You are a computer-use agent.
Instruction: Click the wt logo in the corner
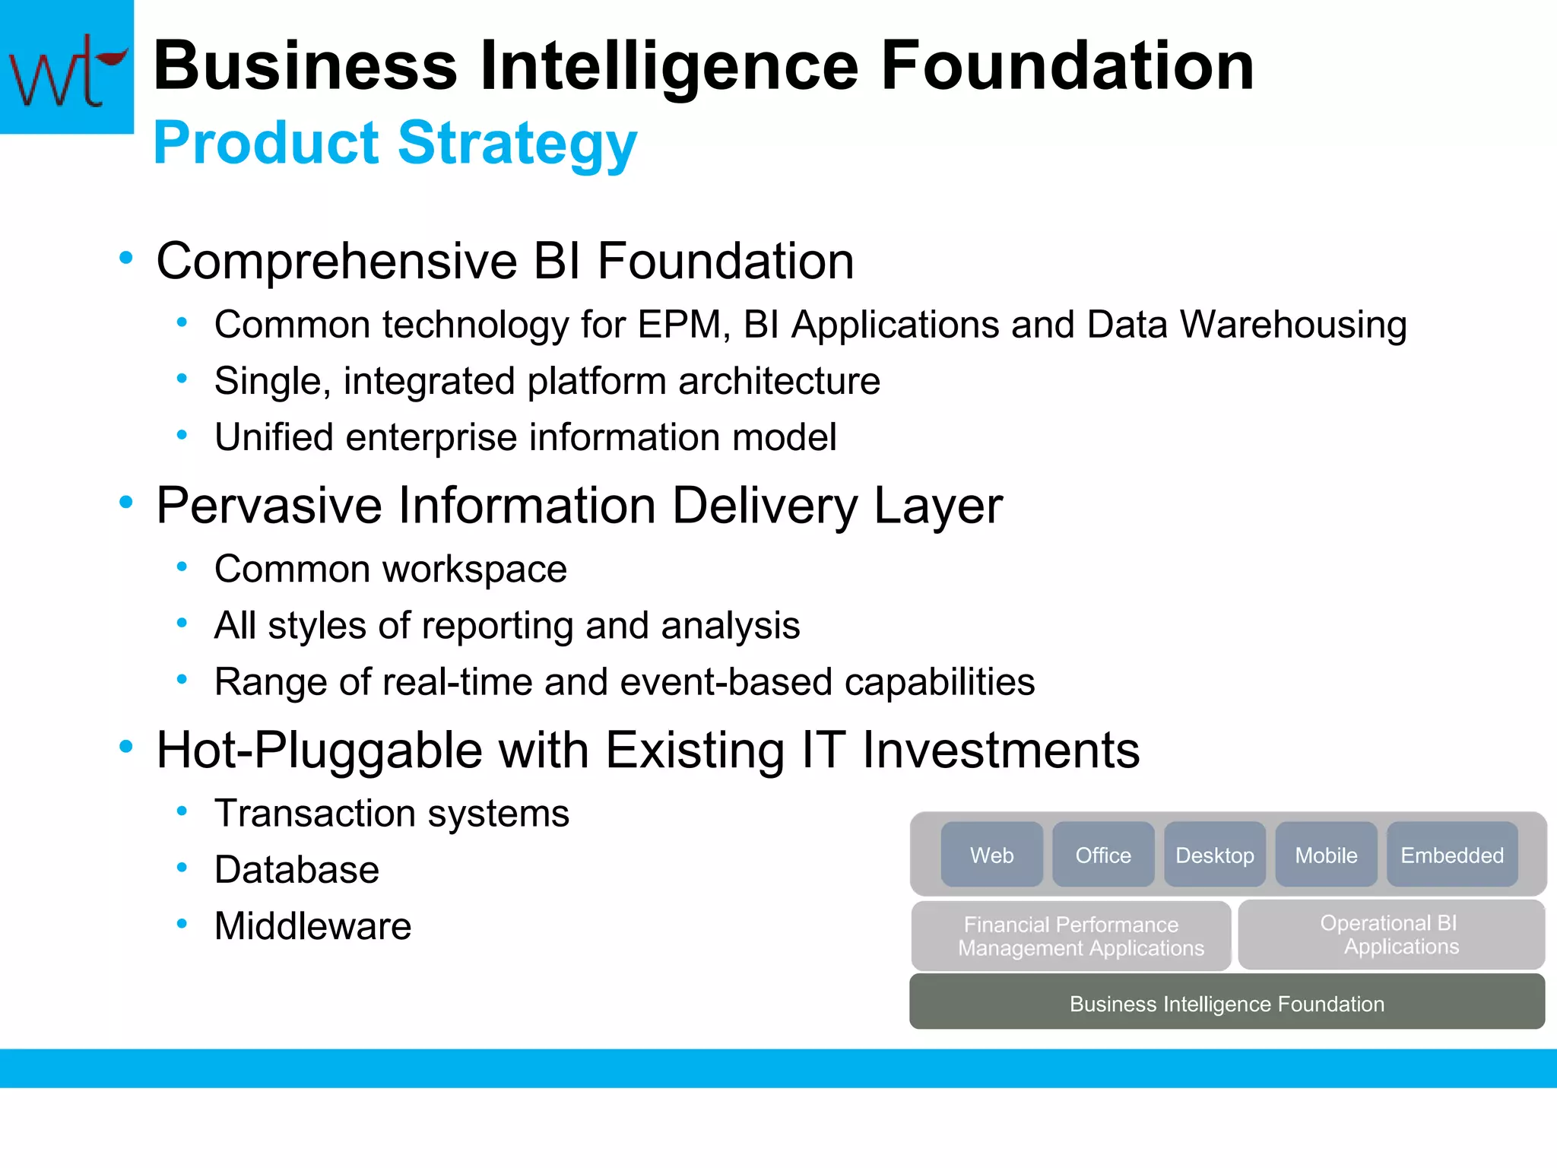(67, 67)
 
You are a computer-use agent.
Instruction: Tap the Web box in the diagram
(991, 855)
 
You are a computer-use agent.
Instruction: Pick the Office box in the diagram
(1103, 855)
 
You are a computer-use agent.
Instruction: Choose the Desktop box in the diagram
(1215, 855)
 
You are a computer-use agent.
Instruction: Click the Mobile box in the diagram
(1326, 855)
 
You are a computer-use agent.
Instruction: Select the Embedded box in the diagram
(1452, 855)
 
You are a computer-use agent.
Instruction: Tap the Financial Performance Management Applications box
(1071, 936)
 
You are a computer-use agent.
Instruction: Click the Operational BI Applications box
(1391, 935)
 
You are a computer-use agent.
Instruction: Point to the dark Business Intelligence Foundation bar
(1227, 1003)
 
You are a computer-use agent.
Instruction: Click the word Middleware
(312, 926)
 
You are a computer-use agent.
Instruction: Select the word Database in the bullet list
(296, 870)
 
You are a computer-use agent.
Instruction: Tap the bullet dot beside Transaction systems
(182, 811)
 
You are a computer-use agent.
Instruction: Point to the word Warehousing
(1293, 325)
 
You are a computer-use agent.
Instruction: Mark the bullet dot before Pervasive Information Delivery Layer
(126, 502)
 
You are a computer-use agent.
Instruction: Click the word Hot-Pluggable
(319, 751)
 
